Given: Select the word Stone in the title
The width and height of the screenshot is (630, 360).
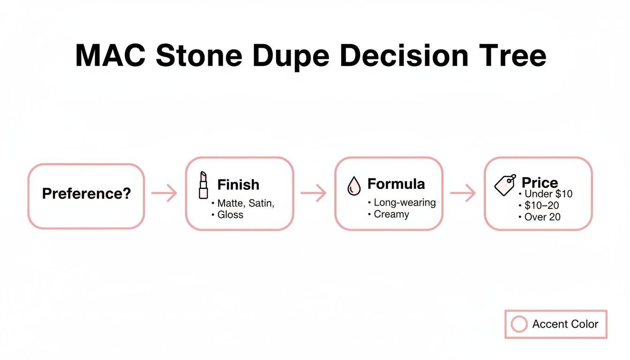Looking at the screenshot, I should (x=199, y=56).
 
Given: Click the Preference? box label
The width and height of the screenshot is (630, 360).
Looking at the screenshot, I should (x=86, y=193).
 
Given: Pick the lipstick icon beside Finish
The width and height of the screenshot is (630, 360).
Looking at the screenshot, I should (x=203, y=185).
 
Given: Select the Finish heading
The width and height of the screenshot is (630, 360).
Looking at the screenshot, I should (x=238, y=185).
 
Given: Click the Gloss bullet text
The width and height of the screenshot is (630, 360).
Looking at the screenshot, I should (x=230, y=215).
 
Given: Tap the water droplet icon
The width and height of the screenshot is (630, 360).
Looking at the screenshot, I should (x=353, y=186).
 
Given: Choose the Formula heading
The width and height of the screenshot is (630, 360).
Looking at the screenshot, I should (x=396, y=184).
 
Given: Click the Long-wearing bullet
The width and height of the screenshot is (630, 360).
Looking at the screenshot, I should (x=405, y=202).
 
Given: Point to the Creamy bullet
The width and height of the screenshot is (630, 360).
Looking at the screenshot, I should (x=391, y=214).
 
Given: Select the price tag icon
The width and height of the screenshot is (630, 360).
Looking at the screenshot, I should (x=505, y=185).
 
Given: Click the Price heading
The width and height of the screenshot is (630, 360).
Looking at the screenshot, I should (x=540, y=182).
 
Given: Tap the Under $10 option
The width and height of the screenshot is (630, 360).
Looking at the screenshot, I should (x=548, y=194).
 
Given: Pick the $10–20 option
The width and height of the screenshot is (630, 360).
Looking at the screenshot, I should (x=541, y=205).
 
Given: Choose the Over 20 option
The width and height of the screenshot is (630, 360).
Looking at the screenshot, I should (x=542, y=217).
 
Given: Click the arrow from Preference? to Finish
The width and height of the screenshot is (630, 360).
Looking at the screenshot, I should (x=165, y=193).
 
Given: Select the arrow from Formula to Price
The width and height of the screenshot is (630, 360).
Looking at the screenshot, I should (x=463, y=193).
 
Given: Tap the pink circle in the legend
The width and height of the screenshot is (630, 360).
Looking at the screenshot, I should (x=519, y=324).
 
